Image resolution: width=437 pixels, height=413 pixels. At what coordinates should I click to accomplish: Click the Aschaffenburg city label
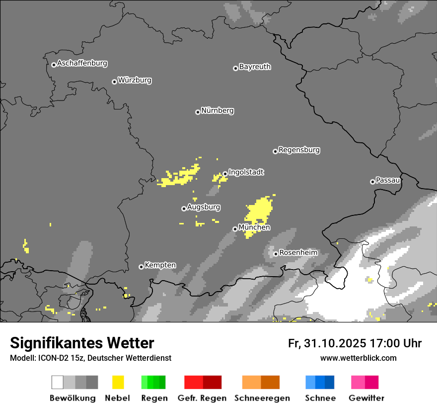point(82,63)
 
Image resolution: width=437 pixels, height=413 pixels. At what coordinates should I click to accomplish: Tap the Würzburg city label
point(135,80)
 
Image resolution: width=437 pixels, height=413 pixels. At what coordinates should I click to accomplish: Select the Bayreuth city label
point(255,67)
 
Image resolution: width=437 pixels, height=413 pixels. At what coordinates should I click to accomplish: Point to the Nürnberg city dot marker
point(198,112)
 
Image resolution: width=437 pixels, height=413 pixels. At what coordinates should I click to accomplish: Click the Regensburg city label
point(299,150)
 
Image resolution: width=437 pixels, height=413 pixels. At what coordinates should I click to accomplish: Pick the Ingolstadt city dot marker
point(225,174)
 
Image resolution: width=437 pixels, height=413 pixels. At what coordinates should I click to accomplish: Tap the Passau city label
point(388,180)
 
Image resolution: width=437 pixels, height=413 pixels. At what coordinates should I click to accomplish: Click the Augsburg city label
point(204,207)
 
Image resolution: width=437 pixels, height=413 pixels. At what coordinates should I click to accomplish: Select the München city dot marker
point(235,229)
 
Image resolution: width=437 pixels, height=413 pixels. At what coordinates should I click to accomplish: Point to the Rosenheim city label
point(298,253)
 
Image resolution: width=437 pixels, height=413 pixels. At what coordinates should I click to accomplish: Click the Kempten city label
point(160,265)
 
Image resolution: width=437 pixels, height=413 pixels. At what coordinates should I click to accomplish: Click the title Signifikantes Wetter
point(82,343)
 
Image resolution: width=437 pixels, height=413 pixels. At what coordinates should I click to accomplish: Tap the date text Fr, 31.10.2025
point(327,343)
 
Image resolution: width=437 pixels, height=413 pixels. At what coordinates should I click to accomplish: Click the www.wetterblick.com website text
point(358,358)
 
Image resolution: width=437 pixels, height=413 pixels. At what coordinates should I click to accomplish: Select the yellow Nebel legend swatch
point(118,382)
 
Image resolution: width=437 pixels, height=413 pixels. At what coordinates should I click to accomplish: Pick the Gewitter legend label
point(366,398)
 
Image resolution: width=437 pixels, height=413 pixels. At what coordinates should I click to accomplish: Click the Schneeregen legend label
point(262,398)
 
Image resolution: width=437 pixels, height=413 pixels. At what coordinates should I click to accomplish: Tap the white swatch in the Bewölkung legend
point(58,382)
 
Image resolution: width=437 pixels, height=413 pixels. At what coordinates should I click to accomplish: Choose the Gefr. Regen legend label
point(202,398)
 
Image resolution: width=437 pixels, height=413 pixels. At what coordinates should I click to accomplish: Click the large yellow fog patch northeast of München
point(258,211)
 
